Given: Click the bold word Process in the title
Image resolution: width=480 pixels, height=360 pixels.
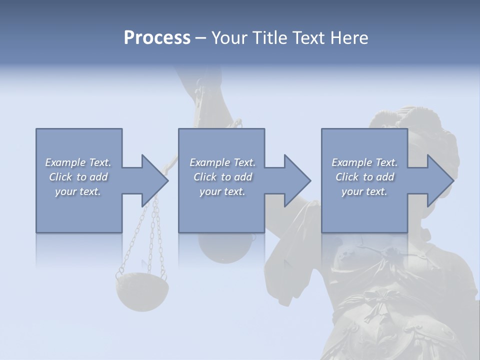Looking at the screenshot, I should coord(157,37).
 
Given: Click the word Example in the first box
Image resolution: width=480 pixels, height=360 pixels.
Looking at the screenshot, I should coord(65,162).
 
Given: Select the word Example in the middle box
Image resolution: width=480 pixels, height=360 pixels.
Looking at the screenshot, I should coord(209,162).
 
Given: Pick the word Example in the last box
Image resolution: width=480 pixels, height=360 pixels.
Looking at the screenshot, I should coord(351,162).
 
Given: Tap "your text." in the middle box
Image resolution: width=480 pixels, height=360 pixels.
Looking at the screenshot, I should coord(222,191).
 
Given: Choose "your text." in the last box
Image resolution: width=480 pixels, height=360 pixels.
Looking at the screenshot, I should coord(364,191).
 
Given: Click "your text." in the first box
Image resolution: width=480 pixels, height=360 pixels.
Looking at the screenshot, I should coord(77,191).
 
